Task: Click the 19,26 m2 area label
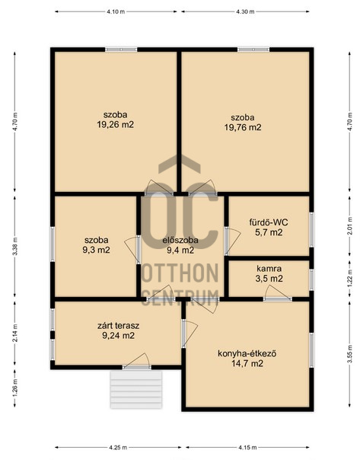(115, 125)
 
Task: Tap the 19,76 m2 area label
(243, 127)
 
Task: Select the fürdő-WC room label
(269, 222)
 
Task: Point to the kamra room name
(269, 268)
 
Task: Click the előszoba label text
(180, 240)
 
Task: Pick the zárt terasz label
(118, 325)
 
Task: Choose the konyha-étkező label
(247, 353)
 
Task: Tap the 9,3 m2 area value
(96, 250)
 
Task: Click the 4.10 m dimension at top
(116, 11)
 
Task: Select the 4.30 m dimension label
(245, 11)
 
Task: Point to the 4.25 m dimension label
(118, 447)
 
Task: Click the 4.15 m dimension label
(247, 447)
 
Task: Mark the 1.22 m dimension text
(349, 279)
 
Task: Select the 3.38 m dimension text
(15, 246)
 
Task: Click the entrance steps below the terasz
(136, 389)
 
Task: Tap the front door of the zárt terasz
(136, 363)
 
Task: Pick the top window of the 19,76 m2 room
(253, 50)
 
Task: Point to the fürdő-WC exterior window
(311, 230)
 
